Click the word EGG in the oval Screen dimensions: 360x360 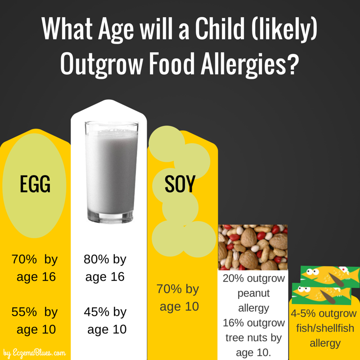35,184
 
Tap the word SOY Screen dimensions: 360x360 180,184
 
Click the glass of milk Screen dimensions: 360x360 112,172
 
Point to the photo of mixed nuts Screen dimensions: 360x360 253,247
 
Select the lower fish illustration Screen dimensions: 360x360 322,294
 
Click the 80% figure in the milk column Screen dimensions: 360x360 96,259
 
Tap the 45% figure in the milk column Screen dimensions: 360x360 96,311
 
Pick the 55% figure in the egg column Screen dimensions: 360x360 24,311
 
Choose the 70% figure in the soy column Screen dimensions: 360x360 169,288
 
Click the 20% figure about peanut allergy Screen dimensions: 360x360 233,278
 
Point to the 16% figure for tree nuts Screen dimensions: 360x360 233,323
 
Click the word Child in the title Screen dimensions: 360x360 220,28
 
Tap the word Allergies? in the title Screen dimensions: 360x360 250,63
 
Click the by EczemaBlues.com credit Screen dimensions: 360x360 35,353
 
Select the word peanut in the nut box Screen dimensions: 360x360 253,293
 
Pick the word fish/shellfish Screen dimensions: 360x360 325,328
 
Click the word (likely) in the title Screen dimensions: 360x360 284,30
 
